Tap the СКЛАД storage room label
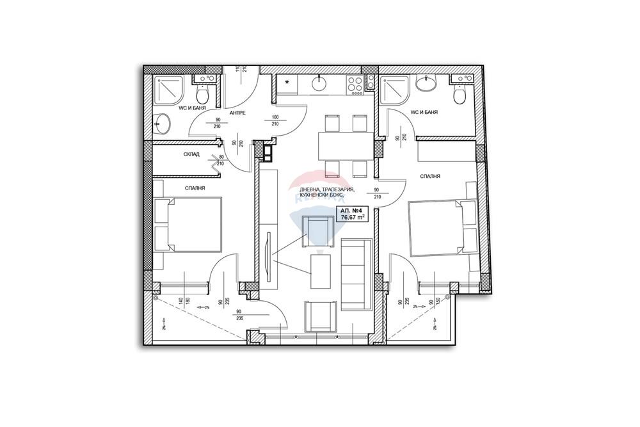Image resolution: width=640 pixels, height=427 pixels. pos(191,154)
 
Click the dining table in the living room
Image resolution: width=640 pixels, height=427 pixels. pos(346,145)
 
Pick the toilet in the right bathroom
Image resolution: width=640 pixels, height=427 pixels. pos(458,95)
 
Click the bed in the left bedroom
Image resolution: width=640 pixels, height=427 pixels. pos(187,225)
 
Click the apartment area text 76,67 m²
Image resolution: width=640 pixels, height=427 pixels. pos(353,218)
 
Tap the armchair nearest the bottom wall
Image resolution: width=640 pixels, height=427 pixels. pos(320,316)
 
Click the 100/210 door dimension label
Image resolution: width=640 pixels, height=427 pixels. pos(276,120)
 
